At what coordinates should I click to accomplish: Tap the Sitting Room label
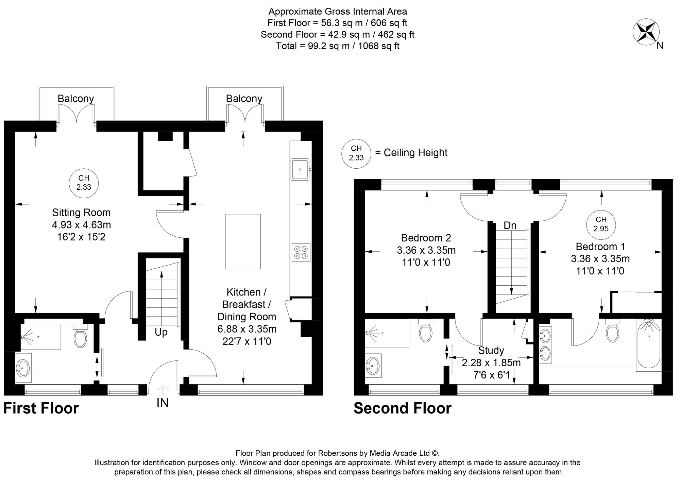click(81, 213)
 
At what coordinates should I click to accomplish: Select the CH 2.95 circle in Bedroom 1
click(601, 224)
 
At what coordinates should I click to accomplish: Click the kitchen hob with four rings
click(301, 252)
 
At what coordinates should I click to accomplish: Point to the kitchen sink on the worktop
click(300, 169)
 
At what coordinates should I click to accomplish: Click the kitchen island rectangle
click(243, 241)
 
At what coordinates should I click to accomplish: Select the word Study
click(491, 350)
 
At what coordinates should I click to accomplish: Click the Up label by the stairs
click(161, 332)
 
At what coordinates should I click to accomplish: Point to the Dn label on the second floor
click(510, 225)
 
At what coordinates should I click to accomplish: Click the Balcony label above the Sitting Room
click(75, 99)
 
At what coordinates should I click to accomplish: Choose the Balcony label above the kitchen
click(244, 99)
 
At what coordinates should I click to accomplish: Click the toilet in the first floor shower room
click(80, 336)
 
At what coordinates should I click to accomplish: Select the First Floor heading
click(41, 408)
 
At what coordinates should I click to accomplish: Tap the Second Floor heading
click(403, 408)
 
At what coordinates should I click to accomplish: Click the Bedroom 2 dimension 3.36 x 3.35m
click(426, 250)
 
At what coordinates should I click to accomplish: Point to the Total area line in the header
click(337, 46)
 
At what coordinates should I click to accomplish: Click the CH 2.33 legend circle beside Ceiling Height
click(356, 153)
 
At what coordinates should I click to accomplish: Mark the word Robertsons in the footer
click(338, 453)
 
